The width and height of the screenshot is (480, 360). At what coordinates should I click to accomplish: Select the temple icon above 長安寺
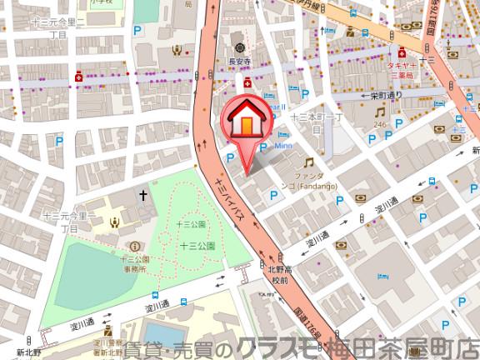click(240, 46)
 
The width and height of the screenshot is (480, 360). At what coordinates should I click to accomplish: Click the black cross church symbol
click(142, 197)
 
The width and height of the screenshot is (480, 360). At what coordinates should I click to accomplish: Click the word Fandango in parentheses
click(313, 186)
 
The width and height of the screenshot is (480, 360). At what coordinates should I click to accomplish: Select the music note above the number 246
click(381, 111)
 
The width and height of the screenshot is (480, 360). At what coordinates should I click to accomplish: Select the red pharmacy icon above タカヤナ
click(402, 49)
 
